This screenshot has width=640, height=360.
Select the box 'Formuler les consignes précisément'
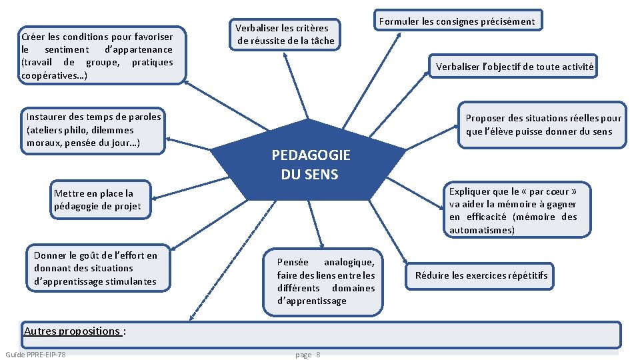pos(457,21)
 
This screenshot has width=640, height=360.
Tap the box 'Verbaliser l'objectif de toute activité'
pos(514,66)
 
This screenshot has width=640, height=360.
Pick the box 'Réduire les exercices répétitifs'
pos(481,275)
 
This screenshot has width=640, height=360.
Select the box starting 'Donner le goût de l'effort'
pos(96,268)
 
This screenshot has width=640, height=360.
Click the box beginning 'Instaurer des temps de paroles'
pos(93,130)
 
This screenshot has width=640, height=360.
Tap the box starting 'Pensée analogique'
pos(326,281)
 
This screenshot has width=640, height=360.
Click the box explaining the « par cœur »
pos(513,210)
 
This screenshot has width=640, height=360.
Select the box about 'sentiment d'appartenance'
pos(97,55)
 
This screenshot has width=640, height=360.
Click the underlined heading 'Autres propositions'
pos(72,331)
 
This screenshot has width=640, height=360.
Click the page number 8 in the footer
pos(318,355)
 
